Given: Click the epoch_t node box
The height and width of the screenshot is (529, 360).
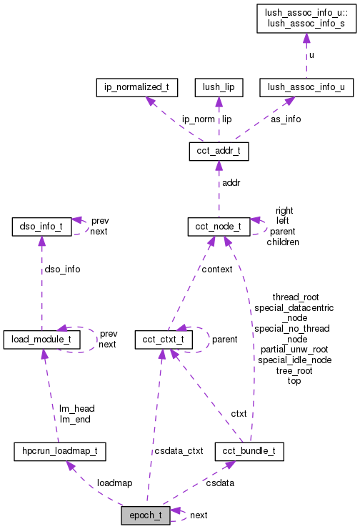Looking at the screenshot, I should tap(146, 515).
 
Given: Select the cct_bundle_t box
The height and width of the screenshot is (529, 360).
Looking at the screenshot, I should tap(249, 452).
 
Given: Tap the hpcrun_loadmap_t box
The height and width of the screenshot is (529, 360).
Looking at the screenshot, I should tap(60, 452).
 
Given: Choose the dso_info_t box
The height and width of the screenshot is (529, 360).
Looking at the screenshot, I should tap(40, 228).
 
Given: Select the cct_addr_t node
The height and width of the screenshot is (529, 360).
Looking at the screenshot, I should tap(219, 152).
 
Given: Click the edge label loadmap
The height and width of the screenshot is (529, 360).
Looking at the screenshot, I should tap(114, 483).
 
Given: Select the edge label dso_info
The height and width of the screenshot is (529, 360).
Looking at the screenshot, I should tap(62, 270).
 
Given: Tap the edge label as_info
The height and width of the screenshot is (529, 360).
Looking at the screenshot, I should tap(286, 119).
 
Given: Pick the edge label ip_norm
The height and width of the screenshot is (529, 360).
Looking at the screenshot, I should tap(197, 119).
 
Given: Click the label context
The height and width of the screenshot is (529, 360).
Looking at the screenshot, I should tap(217, 270).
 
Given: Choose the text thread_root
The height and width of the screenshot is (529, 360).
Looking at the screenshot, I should tap(295, 297).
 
